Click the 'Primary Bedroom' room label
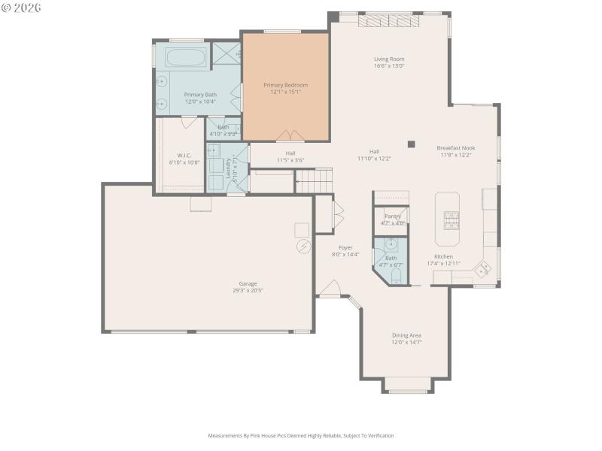coord(285,85)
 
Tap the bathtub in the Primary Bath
coord(185,57)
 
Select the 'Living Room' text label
coord(389,59)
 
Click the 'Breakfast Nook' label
coord(456,148)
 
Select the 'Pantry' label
coord(392,216)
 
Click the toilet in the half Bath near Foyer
coord(397,277)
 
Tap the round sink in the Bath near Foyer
coord(391,244)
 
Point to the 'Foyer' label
coord(345,247)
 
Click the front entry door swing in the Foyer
coord(330,289)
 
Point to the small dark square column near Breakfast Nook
coord(411,144)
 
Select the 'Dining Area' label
coord(406,335)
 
